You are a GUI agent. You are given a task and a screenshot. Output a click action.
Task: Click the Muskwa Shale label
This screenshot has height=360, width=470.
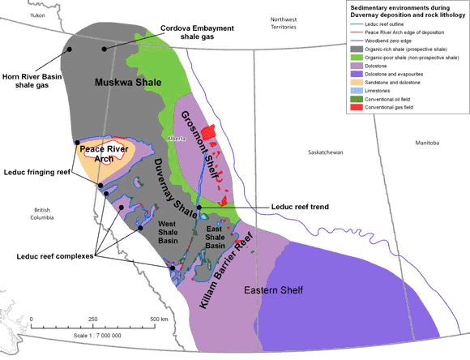coord(128,83)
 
